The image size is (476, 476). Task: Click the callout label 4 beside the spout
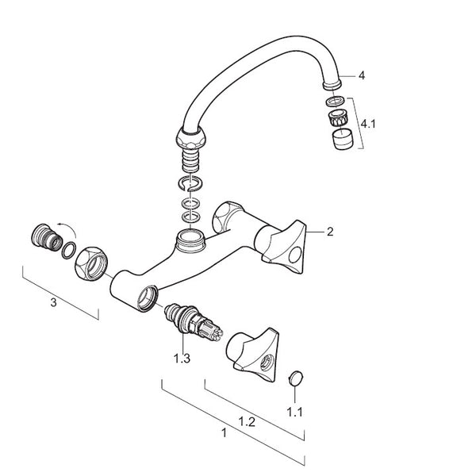coord(361,75)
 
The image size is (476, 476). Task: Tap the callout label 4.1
coord(368,124)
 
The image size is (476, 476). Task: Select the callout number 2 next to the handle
coord(330,232)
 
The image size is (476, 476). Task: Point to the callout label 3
coord(53,302)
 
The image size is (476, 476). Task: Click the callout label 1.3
coord(182,359)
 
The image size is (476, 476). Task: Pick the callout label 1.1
coord(295,412)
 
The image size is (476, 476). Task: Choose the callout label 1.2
coord(247,422)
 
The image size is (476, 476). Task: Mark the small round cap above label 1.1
coord(295,378)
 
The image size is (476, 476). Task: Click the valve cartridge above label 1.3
coord(194,322)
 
